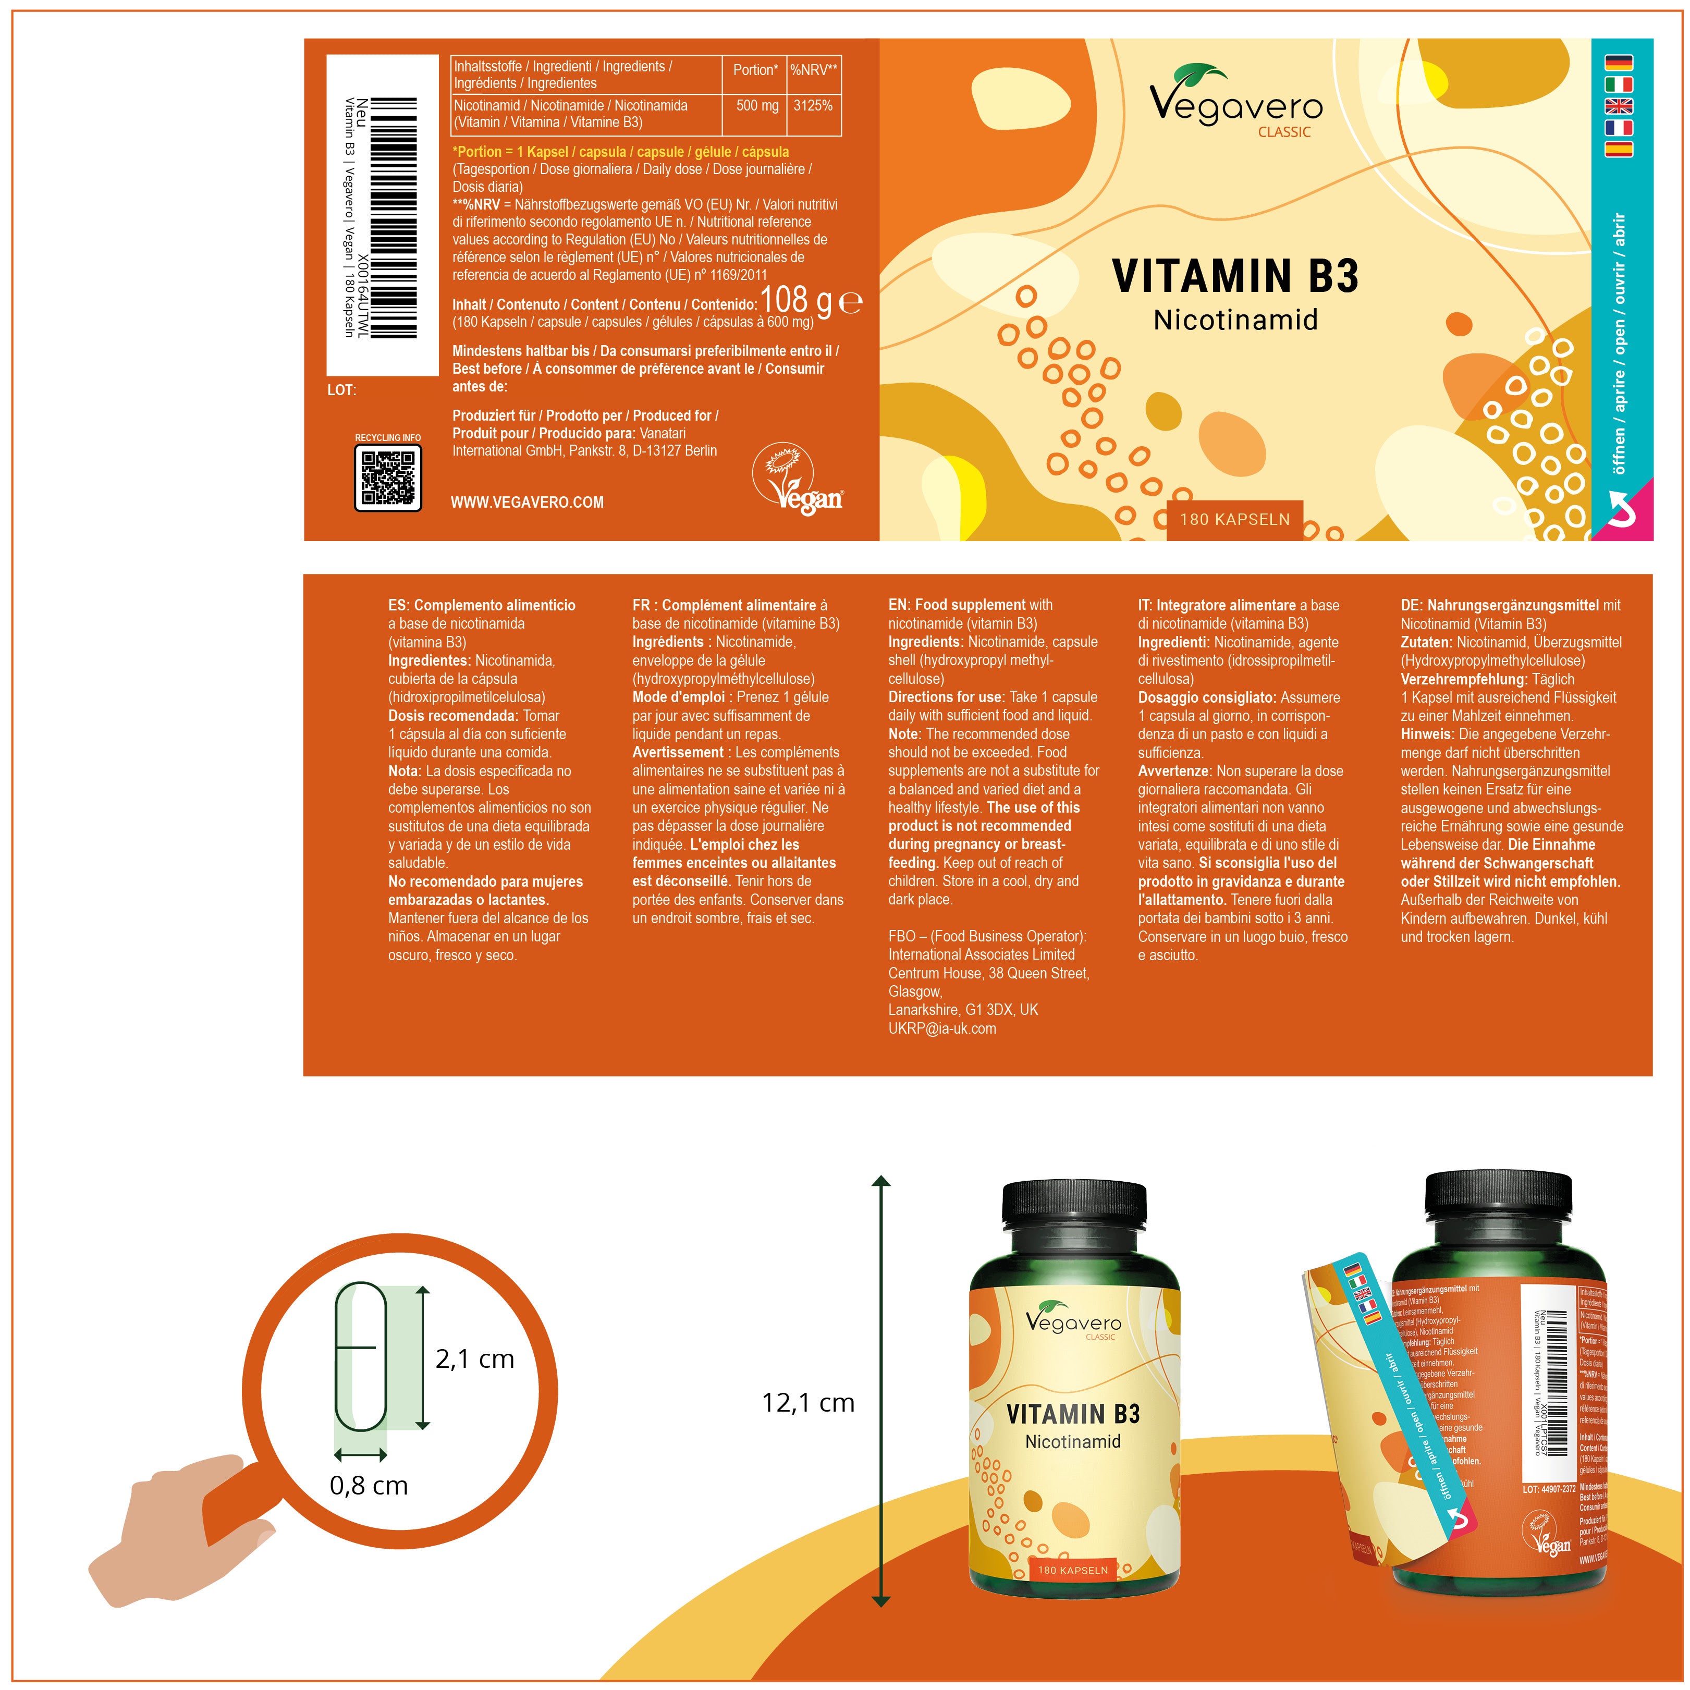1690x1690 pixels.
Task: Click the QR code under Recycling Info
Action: coord(387,477)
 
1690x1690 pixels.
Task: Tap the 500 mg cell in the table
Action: coord(757,106)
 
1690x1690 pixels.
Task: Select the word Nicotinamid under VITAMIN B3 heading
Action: coord(1235,320)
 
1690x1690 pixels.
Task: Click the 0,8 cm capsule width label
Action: coord(368,1485)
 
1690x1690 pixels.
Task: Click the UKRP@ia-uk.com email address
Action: coord(941,1028)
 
